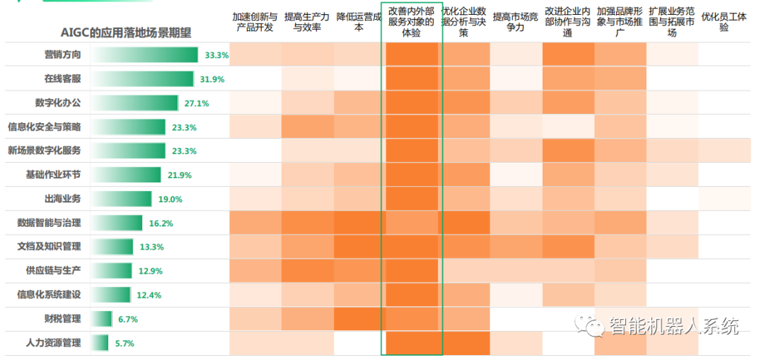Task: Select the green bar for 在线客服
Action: pyautogui.click(x=142, y=79)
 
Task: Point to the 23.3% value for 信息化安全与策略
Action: pyautogui.click(x=184, y=127)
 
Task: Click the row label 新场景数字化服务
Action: pyautogui.click(x=44, y=151)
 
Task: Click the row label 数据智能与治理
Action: pyautogui.click(x=49, y=223)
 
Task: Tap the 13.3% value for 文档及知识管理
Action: pyautogui.click(x=151, y=247)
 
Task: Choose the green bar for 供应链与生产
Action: pyautogui.click(x=112, y=271)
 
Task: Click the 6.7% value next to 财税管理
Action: pyautogui.click(x=127, y=319)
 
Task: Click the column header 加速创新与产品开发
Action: pyautogui.click(x=255, y=22)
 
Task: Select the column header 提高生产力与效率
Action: pyautogui.click(x=307, y=22)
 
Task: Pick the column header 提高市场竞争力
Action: pyautogui.click(x=516, y=22)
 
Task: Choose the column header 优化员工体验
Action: pyautogui.click(x=724, y=22)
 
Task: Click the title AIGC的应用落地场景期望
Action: pyautogui.click(x=126, y=33)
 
